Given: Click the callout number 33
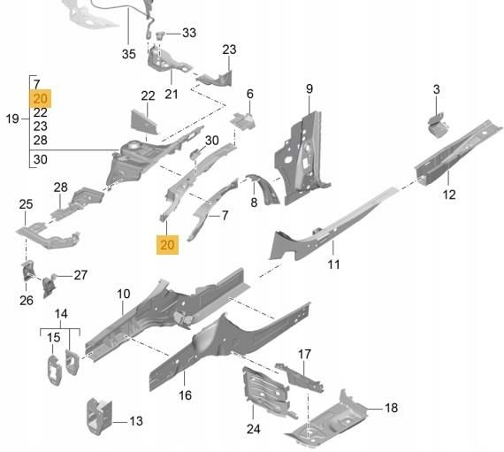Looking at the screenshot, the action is [189, 33].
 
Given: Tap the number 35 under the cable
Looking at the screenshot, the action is [128, 54].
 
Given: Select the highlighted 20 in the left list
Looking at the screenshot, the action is [40, 98].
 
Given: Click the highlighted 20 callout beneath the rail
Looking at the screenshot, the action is [167, 245].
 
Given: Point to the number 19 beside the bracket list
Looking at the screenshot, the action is [12, 119].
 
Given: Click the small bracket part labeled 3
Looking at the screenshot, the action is [438, 125].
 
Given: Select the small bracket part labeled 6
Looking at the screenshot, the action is [243, 120].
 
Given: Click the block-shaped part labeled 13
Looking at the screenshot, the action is [99, 416].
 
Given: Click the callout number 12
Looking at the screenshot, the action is [449, 195].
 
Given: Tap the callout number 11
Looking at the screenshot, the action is [333, 264].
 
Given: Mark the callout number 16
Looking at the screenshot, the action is [185, 395].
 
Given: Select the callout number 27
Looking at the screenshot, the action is [80, 275].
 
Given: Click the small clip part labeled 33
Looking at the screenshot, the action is [160, 35].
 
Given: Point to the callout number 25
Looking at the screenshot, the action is [26, 204].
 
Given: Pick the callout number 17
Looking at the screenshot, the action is [304, 354].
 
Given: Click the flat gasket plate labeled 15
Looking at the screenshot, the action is [54, 370].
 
